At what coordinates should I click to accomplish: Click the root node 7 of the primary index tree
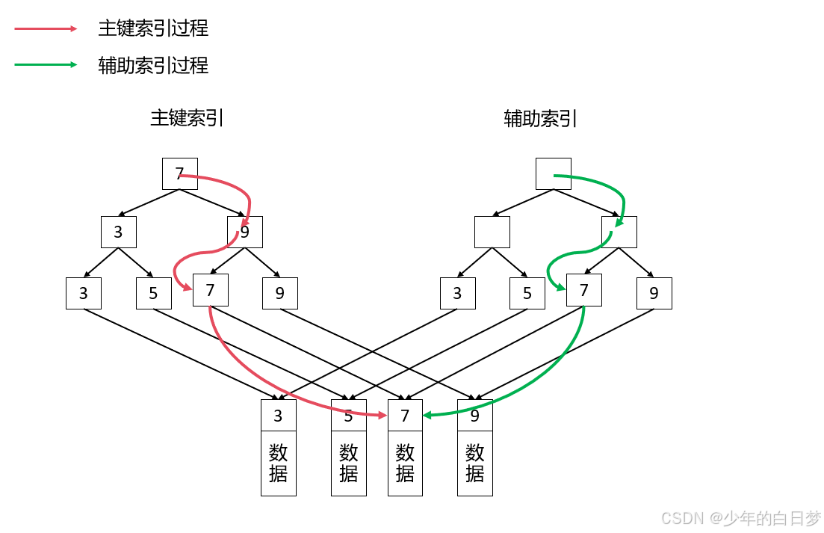(x=180, y=173)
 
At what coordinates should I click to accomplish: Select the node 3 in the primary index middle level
(x=119, y=232)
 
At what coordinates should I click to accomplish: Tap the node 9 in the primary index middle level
(x=245, y=232)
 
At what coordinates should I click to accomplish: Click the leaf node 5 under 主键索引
(x=154, y=293)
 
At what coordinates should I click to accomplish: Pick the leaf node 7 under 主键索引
(x=211, y=290)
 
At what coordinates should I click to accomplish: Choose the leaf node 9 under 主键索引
(x=280, y=293)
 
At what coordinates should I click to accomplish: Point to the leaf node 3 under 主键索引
(x=84, y=293)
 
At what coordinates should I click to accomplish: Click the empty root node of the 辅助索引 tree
(x=554, y=173)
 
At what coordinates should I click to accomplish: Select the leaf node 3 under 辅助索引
(x=458, y=293)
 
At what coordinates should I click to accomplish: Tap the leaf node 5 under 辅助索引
(x=527, y=293)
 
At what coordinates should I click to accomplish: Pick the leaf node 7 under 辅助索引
(x=584, y=290)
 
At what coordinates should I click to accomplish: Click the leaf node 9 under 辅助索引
(x=654, y=293)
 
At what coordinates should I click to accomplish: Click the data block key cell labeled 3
(x=279, y=416)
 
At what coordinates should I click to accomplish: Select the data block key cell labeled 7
(x=406, y=416)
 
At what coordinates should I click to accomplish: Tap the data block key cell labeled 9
(x=475, y=416)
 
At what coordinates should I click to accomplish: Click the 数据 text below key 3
(x=279, y=463)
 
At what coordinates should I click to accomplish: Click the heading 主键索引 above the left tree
(x=187, y=118)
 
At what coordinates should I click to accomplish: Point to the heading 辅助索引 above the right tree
(x=541, y=118)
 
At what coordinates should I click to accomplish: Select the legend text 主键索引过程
(x=153, y=28)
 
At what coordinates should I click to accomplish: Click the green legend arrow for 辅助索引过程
(x=46, y=65)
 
